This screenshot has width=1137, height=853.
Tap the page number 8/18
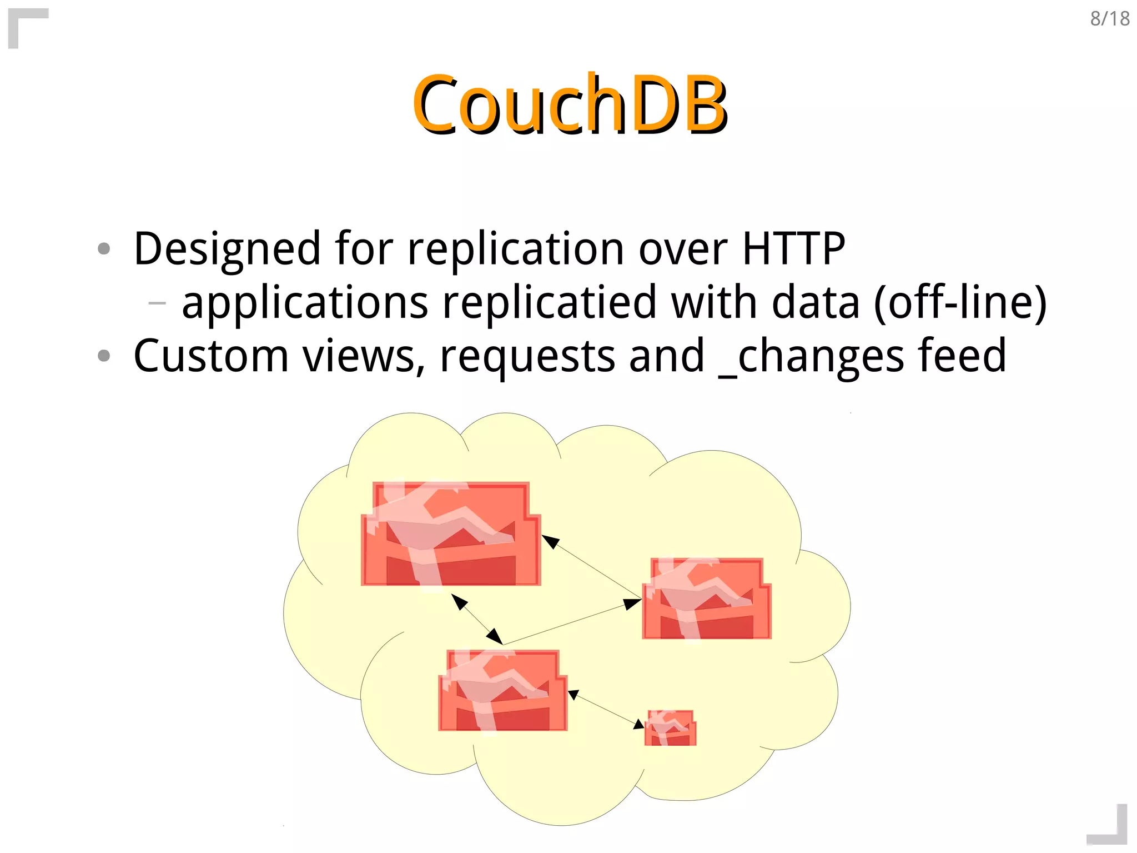tap(1109, 19)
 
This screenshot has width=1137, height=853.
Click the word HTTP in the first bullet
tap(793, 248)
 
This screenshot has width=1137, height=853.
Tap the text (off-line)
tap(960, 302)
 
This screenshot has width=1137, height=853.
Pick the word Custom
tap(211, 356)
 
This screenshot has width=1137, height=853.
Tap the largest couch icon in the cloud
tap(450, 533)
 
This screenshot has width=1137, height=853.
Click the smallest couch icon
tap(670, 727)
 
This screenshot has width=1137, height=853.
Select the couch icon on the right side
tap(706, 598)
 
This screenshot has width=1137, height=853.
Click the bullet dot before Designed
tap(104, 248)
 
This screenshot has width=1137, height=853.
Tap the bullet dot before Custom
tap(104, 356)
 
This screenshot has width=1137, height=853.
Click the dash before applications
tap(157, 303)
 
